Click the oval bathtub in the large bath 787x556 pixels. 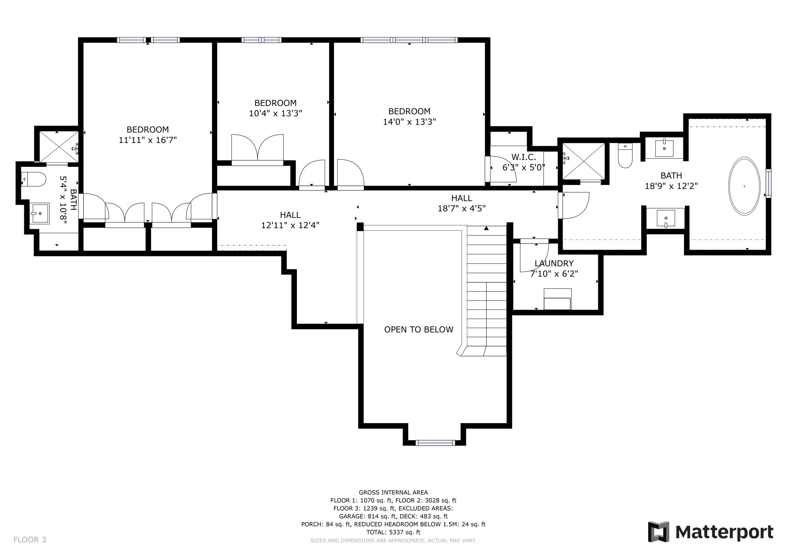point(744,186)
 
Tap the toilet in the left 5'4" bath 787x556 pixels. point(34,179)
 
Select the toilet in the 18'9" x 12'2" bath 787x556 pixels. point(625,155)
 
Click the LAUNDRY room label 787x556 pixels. point(554,263)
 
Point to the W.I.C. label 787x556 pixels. point(524,157)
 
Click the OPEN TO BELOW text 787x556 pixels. point(418,329)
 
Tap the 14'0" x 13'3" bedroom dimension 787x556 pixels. point(409,122)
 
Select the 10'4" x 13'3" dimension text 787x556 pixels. point(275,113)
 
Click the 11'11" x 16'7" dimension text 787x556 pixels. point(148,140)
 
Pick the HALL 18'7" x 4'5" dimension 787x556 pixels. point(462,208)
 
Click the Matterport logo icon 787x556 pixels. point(658,531)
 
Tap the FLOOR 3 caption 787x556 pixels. point(30,540)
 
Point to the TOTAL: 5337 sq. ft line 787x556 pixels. point(393,532)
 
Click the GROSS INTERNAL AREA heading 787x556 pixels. point(393,492)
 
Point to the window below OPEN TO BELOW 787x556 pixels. point(435,443)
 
